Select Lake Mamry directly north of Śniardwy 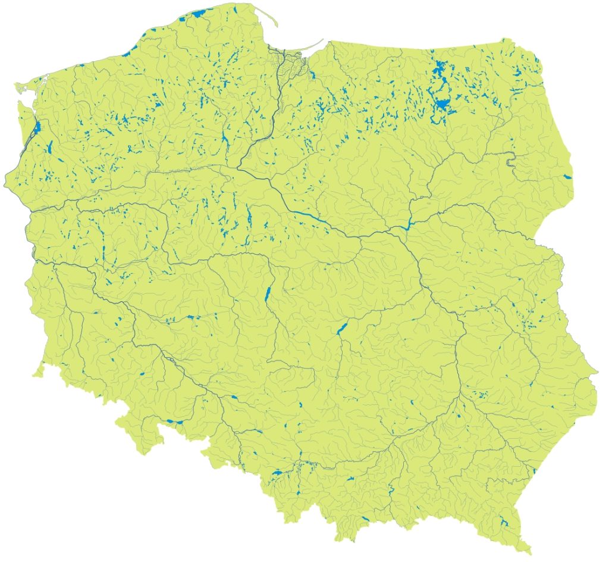click(440, 70)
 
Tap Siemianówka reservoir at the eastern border click(568, 176)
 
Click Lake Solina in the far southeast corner click(506, 523)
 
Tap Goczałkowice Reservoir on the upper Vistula click(277, 473)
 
